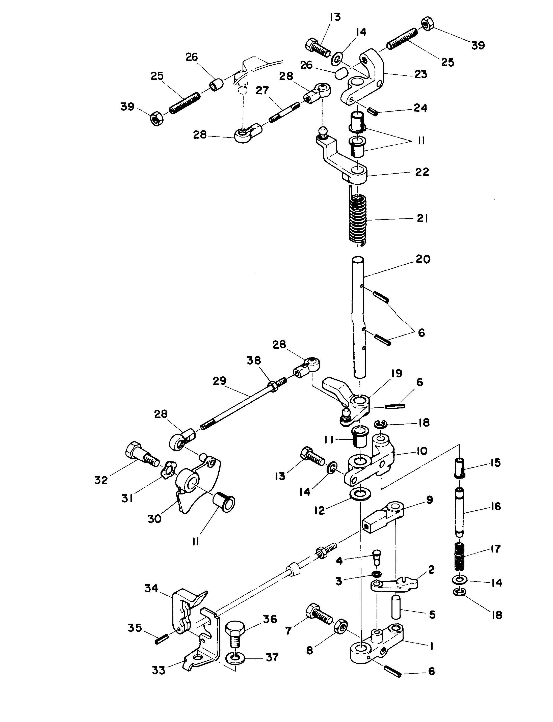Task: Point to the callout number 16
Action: [495, 506]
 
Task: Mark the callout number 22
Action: [422, 172]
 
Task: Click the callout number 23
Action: [421, 74]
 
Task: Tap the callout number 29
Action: [220, 381]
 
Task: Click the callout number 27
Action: [262, 91]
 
